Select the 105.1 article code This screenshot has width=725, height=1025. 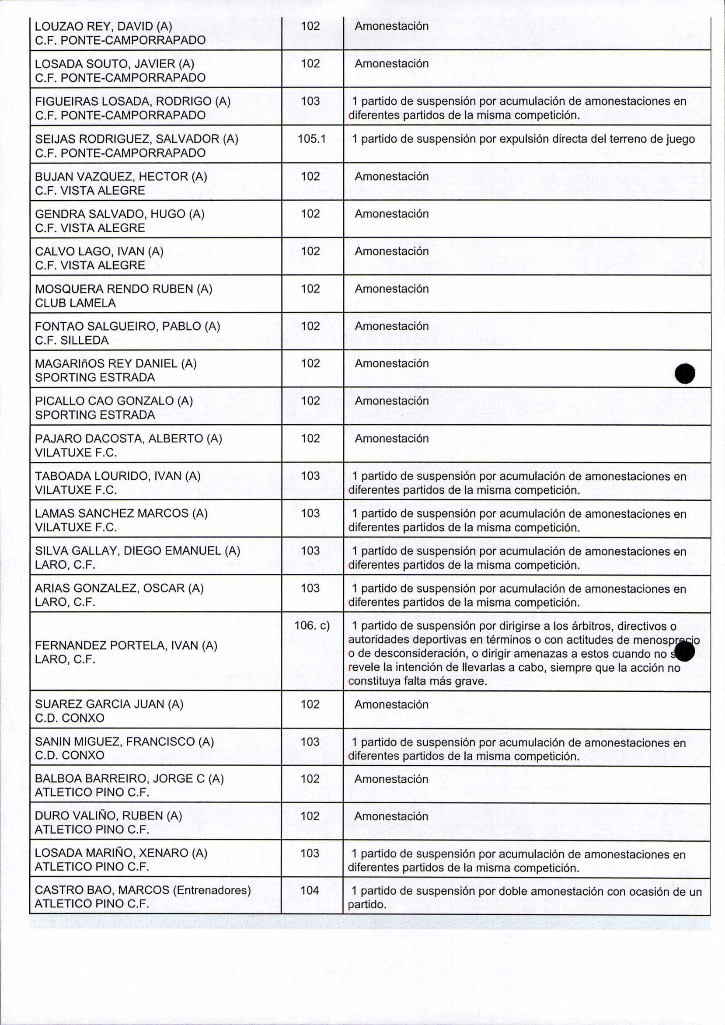tap(311, 139)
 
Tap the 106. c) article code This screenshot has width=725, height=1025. tap(312, 625)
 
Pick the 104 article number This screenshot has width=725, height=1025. tap(310, 890)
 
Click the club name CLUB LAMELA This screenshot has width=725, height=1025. tap(76, 303)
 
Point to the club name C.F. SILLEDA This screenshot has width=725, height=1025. tap(72, 340)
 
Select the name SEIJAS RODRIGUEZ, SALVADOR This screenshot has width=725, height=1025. tap(127, 139)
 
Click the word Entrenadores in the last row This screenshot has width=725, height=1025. tap(212, 890)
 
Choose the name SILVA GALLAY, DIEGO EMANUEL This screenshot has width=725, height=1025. tap(129, 551)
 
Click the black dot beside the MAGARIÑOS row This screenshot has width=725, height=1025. tap(685, 373)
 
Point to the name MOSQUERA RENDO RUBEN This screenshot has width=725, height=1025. tap(115, 289)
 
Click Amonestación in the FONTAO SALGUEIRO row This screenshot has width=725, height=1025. tap(391, 326)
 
